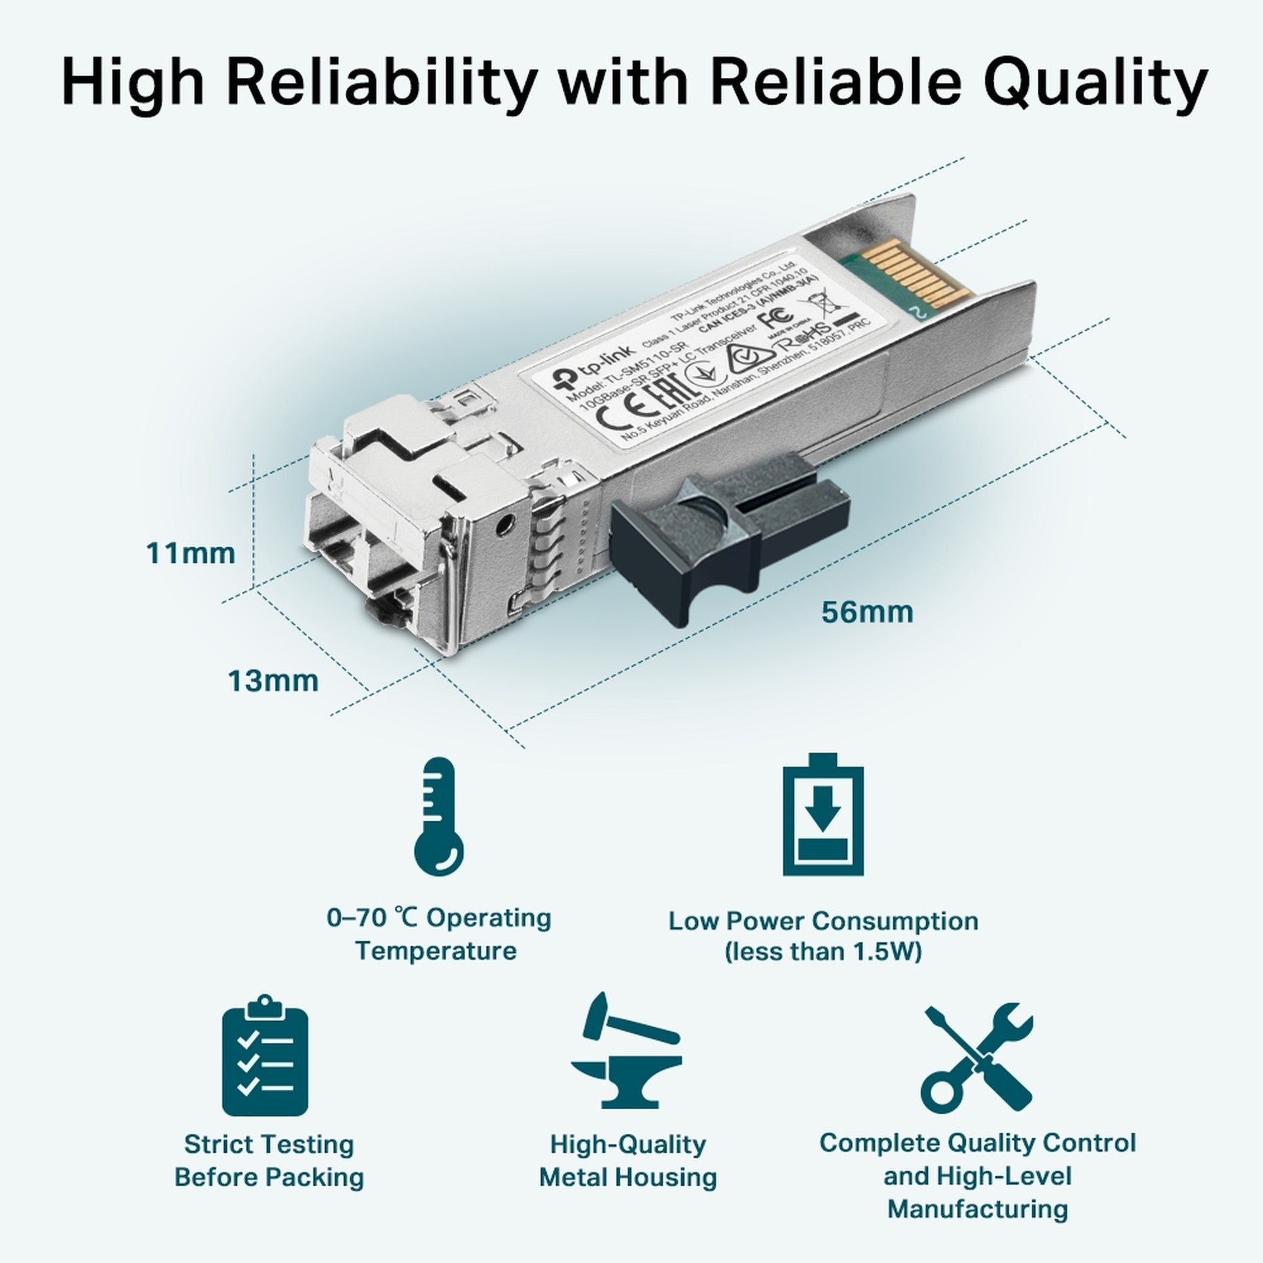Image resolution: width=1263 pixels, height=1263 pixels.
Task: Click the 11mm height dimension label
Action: pyautogui.click(x=190, y=553)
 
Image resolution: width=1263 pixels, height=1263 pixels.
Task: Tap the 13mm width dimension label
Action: pyautogui.click(x=273, y=681)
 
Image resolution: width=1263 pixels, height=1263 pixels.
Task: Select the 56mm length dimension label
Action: pyautogui.click(x=867, y=612)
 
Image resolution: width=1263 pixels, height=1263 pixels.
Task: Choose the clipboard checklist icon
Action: pyautogui.click(x=265, y=1056)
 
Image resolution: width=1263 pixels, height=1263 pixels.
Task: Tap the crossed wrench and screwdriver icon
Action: pyautogui.click(x=976, y=1054)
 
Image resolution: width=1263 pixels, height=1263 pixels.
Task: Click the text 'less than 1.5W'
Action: pyautogui.click(x=823, y=951)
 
